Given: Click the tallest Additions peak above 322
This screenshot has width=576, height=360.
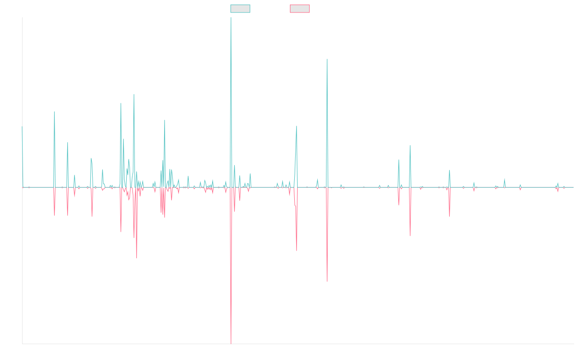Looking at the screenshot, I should pos(231,18).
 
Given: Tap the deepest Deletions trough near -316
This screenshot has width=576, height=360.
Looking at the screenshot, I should pos(231,343).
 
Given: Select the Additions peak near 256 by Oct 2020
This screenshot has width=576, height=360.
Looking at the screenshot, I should pos(327,60).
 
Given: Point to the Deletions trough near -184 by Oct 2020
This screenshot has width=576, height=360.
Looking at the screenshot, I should pos(327,281).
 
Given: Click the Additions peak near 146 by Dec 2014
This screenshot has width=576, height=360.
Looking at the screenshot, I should pos(54,112).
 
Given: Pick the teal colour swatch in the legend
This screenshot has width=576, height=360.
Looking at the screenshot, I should pos(240,9).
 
